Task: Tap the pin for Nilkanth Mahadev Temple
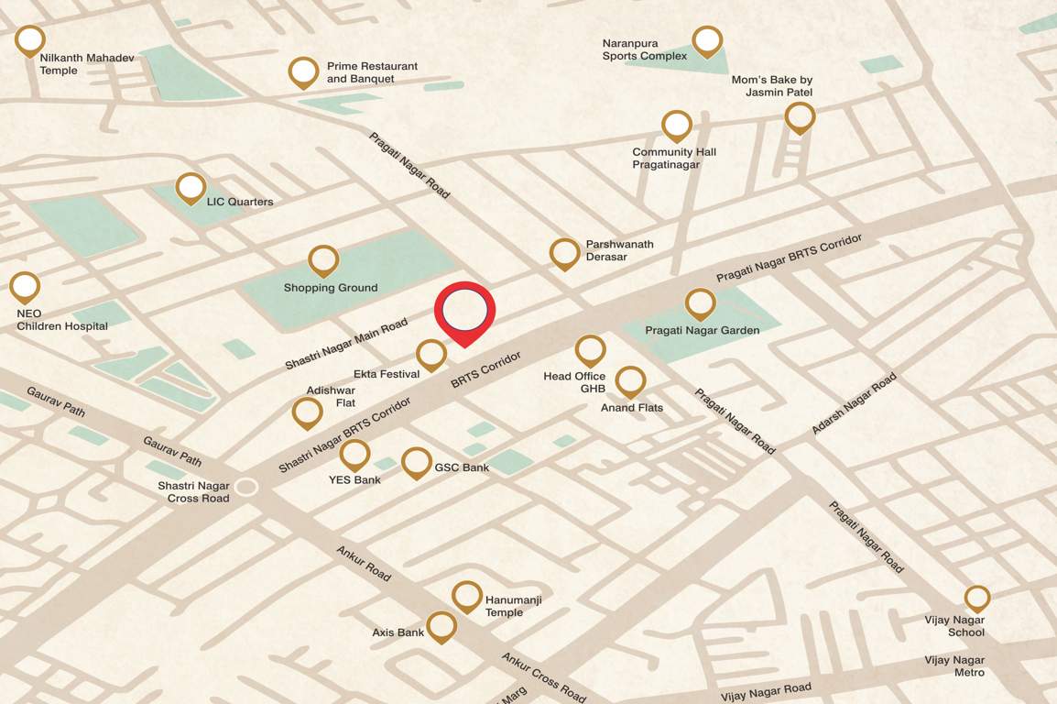coord(30,41)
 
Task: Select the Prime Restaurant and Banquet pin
coord(303,71)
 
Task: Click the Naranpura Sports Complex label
coord(644,49)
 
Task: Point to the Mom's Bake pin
coord(800,117)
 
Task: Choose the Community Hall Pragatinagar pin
coord(676,126)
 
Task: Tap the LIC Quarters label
coord(240,202)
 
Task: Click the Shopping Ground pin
coord(323,260)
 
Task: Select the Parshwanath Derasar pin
coord(564,253)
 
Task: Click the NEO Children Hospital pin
coord(25,287)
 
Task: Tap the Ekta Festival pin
coord(430,354)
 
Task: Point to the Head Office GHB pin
coord(590,350)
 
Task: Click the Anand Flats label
coord(632,407)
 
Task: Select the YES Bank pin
coord(354,455)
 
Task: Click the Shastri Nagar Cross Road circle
coord(245,487)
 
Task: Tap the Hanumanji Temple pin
coord(466,597)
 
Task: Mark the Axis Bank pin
coord(441,627)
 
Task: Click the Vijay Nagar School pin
coord(977,599)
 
